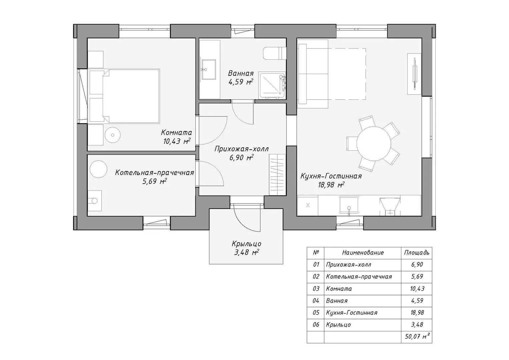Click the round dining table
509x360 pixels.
(x=374, y=143)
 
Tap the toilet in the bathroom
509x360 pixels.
(x=274, y=54)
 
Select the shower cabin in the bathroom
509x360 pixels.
(x=272, y=86)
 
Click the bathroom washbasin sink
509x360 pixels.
(x=209, y=69)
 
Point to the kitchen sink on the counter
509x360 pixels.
(x=349, y=205)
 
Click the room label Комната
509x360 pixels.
(x=176, y=132)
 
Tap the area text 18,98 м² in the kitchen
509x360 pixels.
(x=331, y=185)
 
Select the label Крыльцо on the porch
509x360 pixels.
(x=247, y=244)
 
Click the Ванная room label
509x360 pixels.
(x=241, y=73)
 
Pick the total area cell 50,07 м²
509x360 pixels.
(x=417, y=337)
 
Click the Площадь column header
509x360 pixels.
(x=417, y=253)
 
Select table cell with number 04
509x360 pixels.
(x=316, y=301)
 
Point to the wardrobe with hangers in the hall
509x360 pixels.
(x=277, y=175)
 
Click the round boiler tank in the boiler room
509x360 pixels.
(x=98, y=169)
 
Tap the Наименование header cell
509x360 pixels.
(x=363, y=253)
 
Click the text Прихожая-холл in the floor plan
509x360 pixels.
(x=242, y=149)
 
